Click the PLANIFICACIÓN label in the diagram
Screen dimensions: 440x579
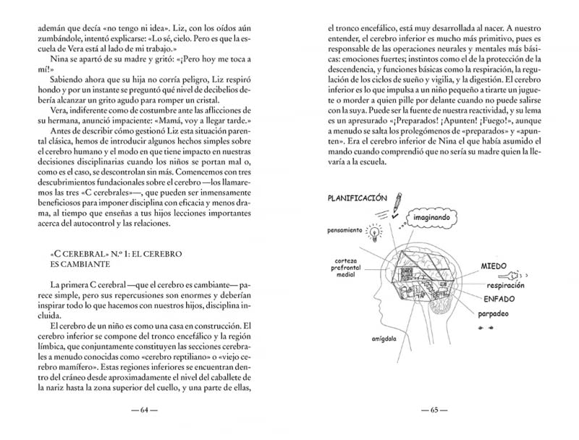pos(357,198)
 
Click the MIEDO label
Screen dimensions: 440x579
pos(495,267)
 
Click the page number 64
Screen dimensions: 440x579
pos(144,410)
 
